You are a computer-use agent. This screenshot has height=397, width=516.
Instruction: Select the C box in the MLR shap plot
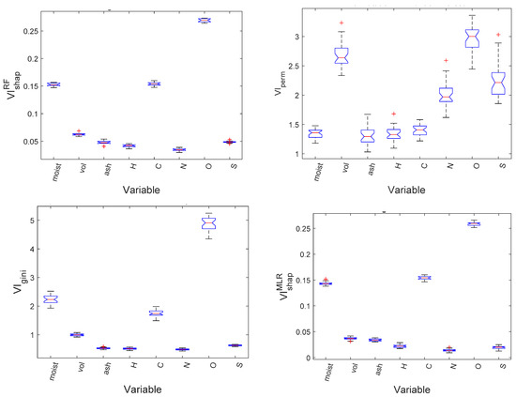pyautogui.click(x=424, y=278)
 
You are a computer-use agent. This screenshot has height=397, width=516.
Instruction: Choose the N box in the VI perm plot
pyautogui.click(x=424, y=95)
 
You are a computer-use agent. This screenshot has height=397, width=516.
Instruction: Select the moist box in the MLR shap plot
pyautogui.click(x=324, y=282)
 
